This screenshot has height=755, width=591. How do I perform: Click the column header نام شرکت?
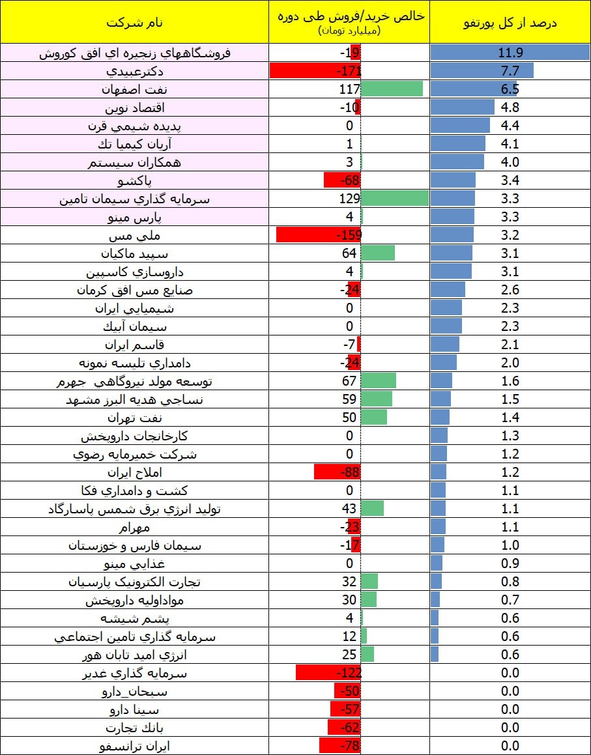134,23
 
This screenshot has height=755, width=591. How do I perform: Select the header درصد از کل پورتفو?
510,23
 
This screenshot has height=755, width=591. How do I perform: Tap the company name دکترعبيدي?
134,71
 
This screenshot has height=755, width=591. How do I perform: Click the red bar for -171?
315,71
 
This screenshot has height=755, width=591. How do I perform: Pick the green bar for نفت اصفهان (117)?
392,89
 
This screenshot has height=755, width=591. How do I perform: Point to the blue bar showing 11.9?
510,53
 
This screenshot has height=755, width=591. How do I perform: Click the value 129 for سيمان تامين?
350,199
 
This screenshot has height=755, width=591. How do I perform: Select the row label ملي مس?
134,235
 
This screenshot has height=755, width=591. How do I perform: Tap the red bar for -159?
319,235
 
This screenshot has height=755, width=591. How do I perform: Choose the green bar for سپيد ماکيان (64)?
378,253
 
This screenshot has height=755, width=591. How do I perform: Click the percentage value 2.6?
510,290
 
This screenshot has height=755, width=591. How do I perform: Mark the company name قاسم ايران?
134,345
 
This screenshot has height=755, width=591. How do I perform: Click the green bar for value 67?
379,381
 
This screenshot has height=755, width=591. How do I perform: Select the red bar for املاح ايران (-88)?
337,472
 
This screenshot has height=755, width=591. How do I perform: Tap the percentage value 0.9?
510,563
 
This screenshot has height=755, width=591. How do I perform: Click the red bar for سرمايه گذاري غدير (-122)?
328,673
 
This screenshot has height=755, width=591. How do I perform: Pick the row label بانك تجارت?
134,728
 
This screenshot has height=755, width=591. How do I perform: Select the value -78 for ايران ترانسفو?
350,746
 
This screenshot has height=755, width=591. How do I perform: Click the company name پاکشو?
134,180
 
